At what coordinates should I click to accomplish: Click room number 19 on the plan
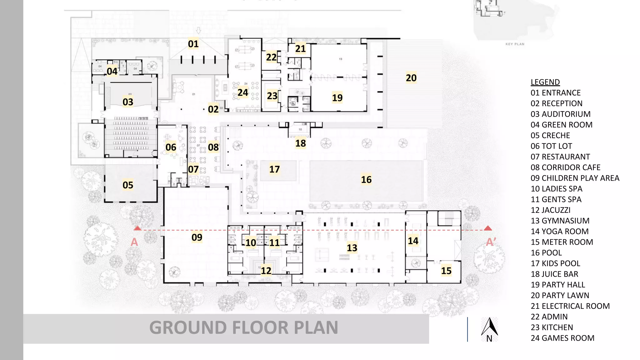(x=337, y=98)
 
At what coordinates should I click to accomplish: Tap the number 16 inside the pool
(x=366, y=180)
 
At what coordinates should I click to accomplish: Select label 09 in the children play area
(x=197, y=237)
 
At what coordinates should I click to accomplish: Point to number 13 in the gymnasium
(x=352, y=248)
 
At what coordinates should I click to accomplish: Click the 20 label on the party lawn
(x=411, y=78)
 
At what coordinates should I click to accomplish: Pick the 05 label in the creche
(x=128, y=185)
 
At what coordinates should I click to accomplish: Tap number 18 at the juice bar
(x=301, y=143)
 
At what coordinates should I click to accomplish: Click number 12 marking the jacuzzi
(x=266, y=271)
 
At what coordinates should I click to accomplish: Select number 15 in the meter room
(x=446, y=271)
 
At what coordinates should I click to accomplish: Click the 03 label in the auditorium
(x=128, y=102)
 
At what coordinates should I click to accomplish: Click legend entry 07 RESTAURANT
(x=560, y=157)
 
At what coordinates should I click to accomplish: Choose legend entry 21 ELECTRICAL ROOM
(x=570, y=306)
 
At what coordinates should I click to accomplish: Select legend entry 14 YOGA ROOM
(x=559, y=232)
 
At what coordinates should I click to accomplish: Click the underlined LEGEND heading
(x=545, y=82)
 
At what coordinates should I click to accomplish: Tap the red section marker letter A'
(x=491, y=242)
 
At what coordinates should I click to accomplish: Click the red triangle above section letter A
(x=137, y=228)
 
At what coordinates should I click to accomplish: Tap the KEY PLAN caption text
(x=515, y=44)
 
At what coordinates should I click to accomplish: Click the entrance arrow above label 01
(x=198, y=31)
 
